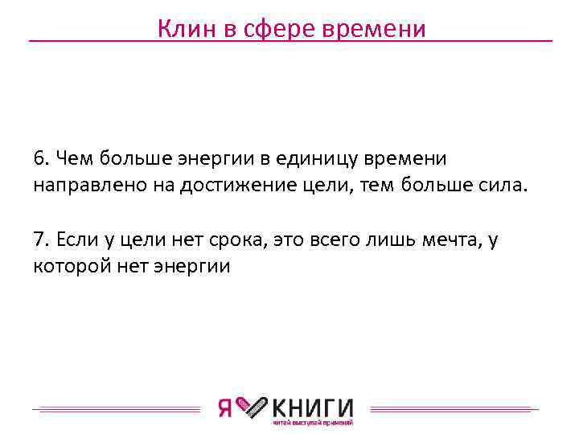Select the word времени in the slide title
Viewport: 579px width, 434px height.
point(373,29)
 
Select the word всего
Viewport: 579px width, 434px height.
point(327,240)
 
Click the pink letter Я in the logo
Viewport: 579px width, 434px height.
point(226,408)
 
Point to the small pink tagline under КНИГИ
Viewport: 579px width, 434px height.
point(313,423)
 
